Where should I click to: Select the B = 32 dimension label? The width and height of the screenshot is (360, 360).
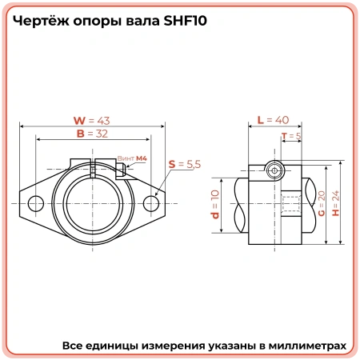[91, 134]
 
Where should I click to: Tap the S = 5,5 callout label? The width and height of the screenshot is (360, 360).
[184, 164]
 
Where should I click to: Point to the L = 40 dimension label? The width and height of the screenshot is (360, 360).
[272, 120]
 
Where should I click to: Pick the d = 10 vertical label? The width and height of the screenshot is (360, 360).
[214, 206]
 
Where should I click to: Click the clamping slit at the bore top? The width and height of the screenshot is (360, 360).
[92, 170]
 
